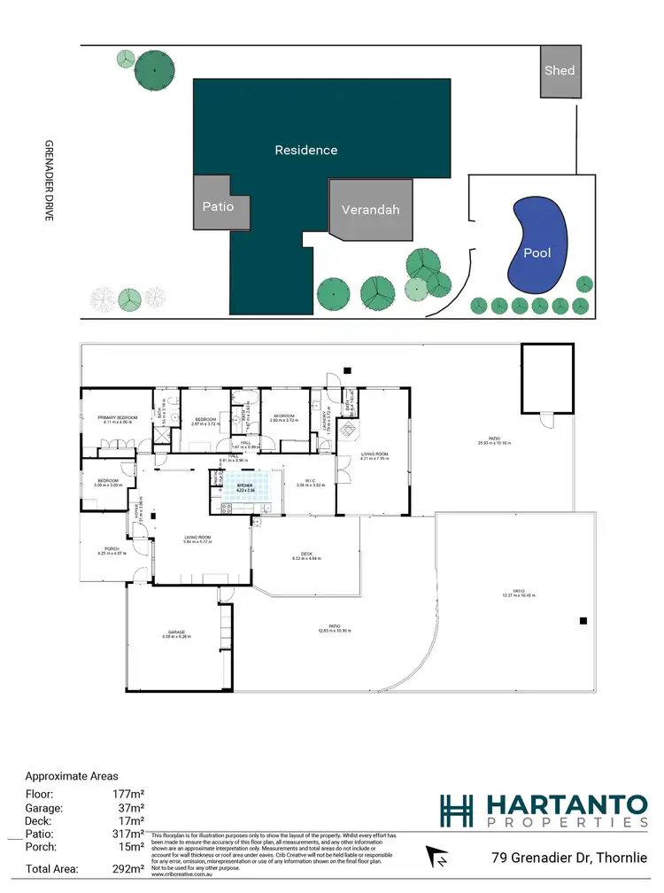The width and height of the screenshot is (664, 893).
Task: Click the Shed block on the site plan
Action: pos(559,71)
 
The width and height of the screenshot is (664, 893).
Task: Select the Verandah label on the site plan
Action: pos(371,210)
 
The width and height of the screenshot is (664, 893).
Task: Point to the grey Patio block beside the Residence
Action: pos(218,206)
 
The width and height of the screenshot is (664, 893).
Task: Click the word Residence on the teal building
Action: pos(305,150)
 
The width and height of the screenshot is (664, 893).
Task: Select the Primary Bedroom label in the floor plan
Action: pos(116,417)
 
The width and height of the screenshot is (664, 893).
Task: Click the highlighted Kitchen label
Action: pos(245,487)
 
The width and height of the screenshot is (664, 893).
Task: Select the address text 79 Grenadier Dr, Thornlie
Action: pos(575,858)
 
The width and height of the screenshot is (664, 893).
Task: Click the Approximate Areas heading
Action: pos(71,775)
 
